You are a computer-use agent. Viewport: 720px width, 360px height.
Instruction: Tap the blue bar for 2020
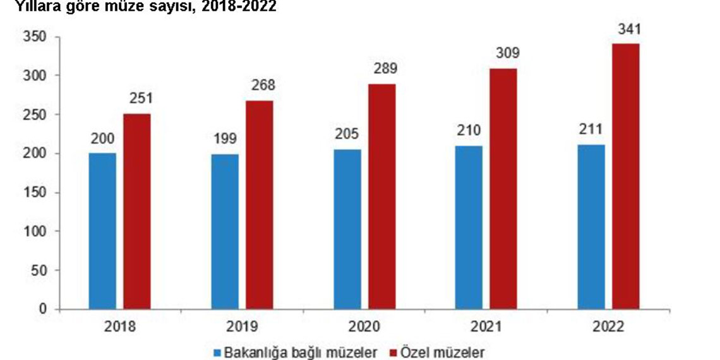[x=347, y=229]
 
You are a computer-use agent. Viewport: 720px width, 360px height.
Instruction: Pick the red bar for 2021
[x=503, y=189]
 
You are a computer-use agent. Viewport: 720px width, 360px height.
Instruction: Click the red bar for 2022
[x=626, y=176]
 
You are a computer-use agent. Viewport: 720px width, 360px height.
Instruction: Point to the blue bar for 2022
[x=591, y=227]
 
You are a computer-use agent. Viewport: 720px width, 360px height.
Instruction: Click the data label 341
[x=627, y=30]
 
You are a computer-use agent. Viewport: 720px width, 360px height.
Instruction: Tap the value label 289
[x=382, y=69]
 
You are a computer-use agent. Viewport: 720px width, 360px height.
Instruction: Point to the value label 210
[x=469, y=131]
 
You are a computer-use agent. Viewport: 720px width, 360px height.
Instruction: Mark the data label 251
[x=137, y=100]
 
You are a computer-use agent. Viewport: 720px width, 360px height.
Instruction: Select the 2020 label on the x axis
[x=364, y=327]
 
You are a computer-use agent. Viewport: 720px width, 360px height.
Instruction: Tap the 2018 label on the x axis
[x=119, y=327]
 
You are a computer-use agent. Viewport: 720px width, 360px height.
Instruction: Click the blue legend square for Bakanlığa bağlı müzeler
[x=218, y=351]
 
